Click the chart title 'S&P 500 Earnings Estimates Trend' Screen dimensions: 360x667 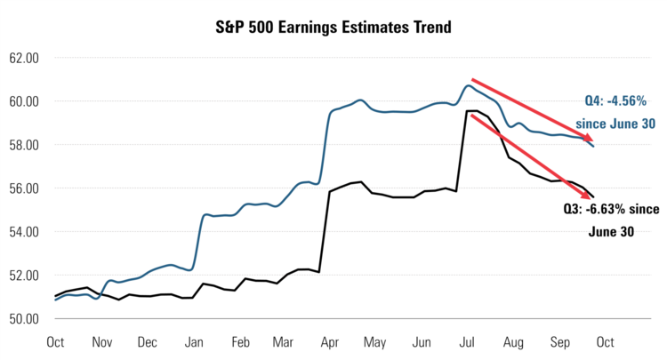click(333, 27)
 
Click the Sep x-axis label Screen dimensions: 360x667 click(559, 341)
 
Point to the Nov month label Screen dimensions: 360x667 click(102, 341)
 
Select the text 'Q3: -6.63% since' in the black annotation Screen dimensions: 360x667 click(613, 210)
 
